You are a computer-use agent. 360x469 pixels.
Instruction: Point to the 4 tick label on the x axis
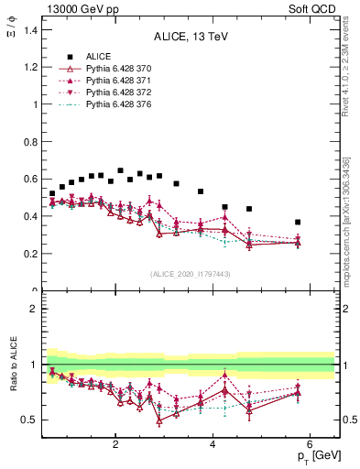point(213,444)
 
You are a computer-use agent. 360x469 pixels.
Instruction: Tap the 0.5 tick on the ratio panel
point(31,420)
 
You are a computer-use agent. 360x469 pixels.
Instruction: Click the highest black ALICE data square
point(120,170)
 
